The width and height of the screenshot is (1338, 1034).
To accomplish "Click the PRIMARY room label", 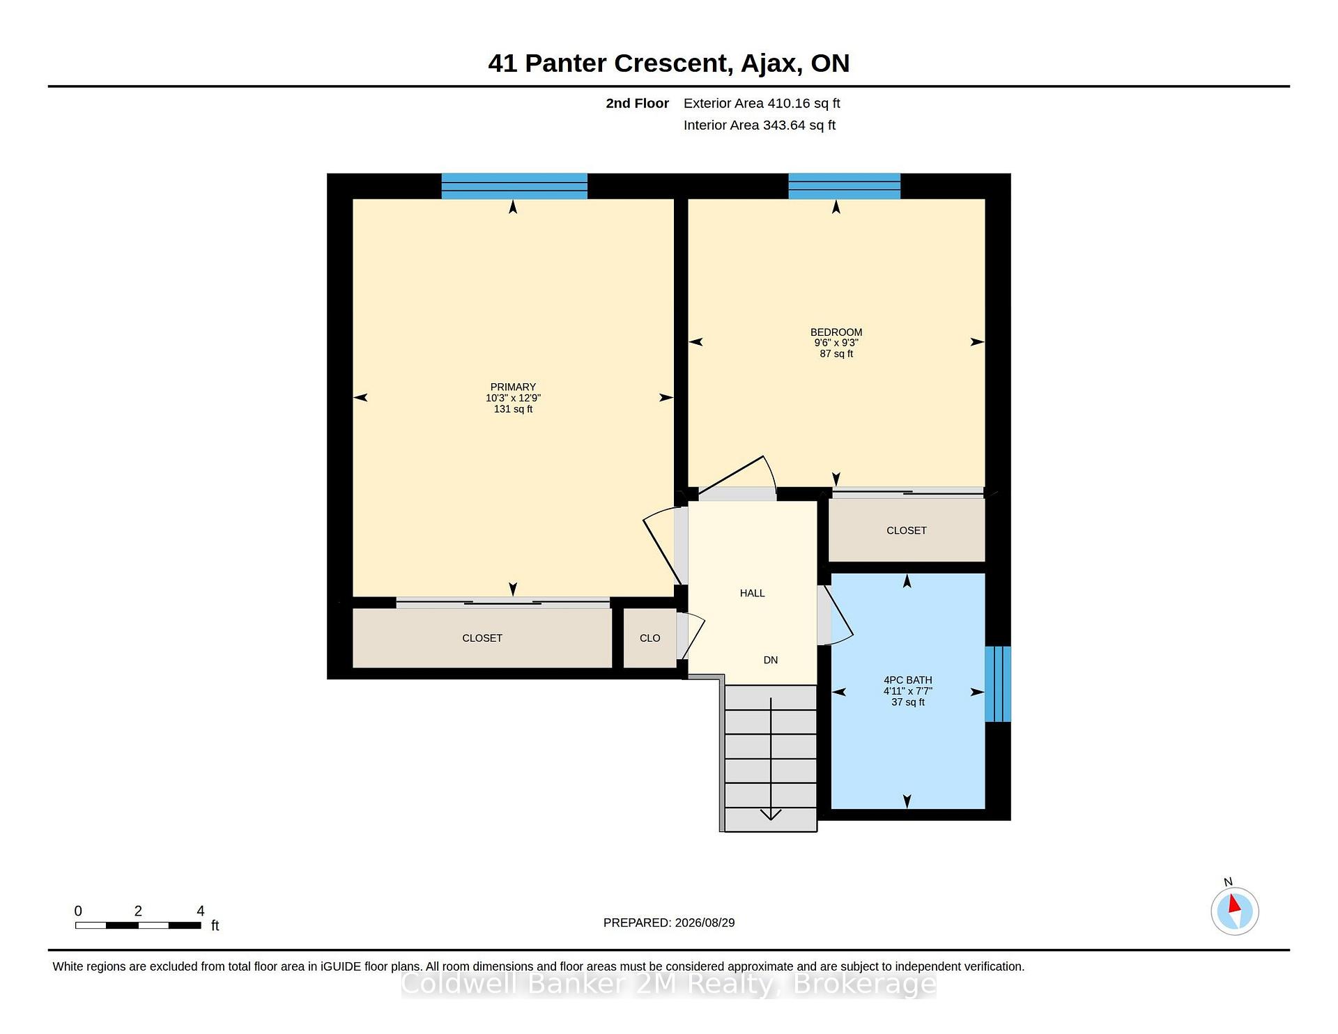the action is click(513, 387).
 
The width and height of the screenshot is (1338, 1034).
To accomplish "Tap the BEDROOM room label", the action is click(836, 332).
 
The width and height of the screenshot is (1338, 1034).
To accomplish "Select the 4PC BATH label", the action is click(907, 680).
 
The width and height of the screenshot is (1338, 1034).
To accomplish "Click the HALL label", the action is click(752, 593).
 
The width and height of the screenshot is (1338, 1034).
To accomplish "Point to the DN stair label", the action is click(770, 660).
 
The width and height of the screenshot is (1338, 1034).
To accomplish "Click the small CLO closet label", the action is click(649, 638).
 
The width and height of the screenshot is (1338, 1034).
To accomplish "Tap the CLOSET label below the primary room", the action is click(482, 638).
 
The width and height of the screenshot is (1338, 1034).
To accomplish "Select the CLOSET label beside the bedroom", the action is click(906, 530).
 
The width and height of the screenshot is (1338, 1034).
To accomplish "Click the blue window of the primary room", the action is click(514, 186).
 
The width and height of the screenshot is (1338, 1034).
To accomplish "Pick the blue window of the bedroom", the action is click(844, 186).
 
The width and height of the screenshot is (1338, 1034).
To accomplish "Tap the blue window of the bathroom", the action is click(997, 684).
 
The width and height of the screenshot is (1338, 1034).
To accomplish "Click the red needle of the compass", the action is click(1234, 904).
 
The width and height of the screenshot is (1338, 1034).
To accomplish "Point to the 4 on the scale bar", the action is click(201, 911).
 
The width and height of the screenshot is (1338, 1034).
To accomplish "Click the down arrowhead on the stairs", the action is click(770, 815).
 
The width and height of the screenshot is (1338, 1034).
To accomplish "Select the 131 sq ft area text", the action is click(513, 409).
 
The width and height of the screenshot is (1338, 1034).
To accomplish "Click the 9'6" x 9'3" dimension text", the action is click(836, 343).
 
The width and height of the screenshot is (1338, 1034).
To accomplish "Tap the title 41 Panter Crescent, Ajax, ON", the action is click(669, 63).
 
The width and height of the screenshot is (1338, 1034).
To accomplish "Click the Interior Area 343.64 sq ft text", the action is click(759, 125).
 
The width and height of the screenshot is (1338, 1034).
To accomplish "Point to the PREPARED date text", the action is click(669, 923).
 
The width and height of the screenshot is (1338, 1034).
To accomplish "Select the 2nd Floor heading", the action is click(637, 103).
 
